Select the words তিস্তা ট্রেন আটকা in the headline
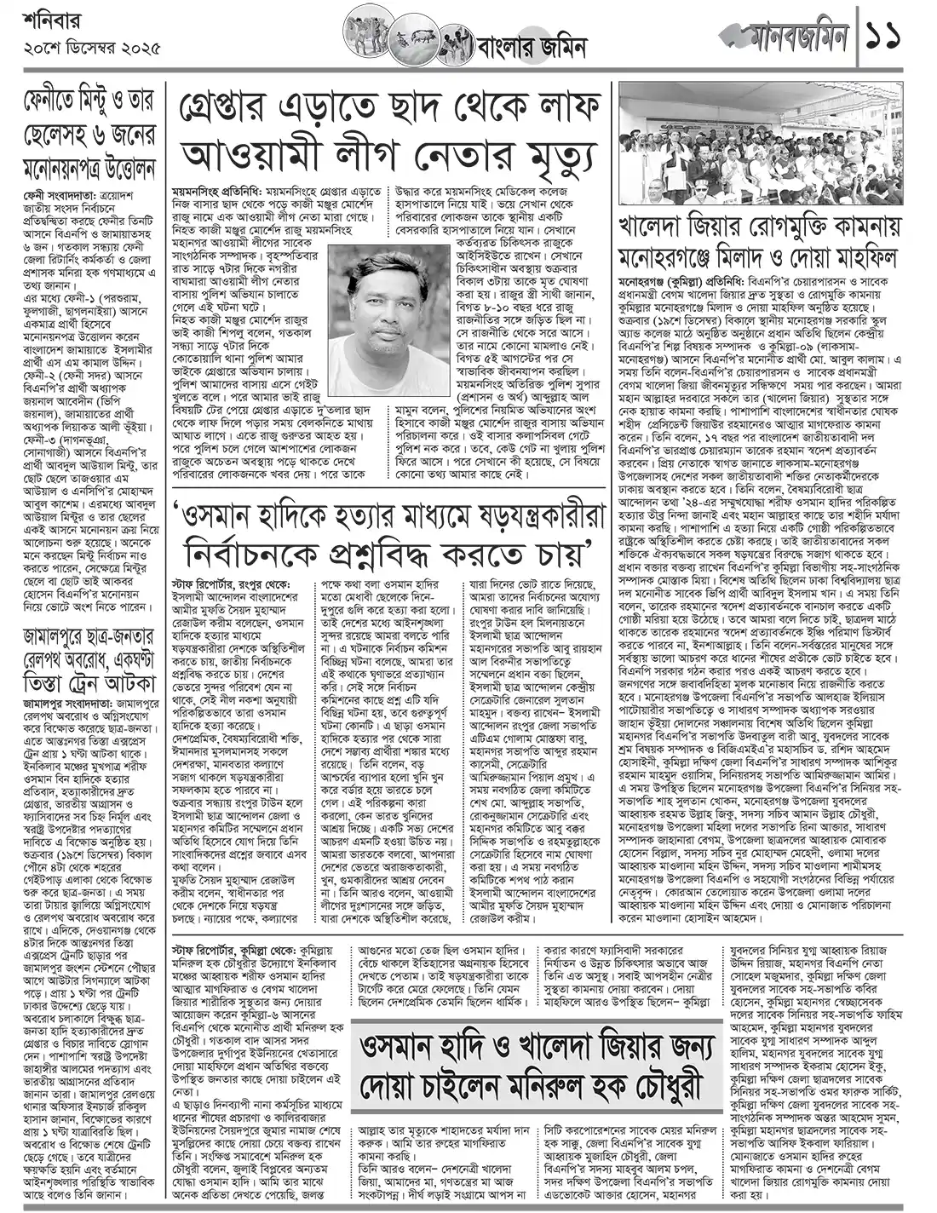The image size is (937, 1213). (90, 682)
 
